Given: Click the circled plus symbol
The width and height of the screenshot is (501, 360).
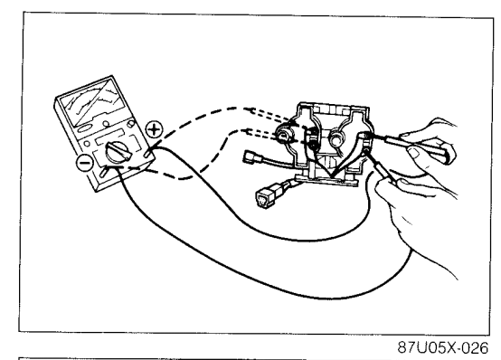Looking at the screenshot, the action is tap(154, 130).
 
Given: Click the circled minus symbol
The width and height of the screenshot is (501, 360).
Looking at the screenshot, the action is tap(85, 163).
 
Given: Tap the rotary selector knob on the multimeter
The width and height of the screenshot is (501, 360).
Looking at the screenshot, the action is tap(118, 152).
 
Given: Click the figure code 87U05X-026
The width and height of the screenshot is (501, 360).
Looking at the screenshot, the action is tap(443, 347).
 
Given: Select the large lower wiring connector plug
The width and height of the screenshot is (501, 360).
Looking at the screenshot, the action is tap(264, 196).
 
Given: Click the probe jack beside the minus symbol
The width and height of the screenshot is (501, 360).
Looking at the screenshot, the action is tap(103, 172).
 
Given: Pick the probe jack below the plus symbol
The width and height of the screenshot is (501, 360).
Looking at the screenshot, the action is tap(147, 152).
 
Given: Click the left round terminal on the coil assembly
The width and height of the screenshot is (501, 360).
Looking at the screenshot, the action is tap(283, 136).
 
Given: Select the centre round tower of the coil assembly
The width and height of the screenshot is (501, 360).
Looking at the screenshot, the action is tap(336, 139).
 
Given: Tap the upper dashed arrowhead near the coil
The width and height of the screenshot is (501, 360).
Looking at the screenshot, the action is tap(250, 109).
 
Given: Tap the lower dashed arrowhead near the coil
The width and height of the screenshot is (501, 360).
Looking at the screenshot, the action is tap(247, 131).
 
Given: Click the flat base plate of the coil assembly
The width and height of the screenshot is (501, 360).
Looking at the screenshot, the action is tap(326, 180).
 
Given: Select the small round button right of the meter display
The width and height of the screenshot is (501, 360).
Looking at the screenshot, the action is tap(130, 123).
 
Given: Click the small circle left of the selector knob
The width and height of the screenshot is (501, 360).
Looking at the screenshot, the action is tap(87, 144).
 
